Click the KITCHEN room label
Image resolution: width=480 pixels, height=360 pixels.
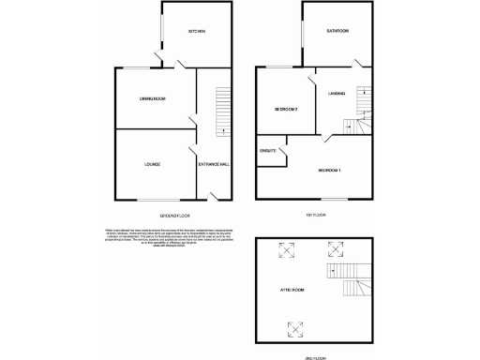[x=196, y=32]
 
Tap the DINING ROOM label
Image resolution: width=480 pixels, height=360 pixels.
[x=153, y=98]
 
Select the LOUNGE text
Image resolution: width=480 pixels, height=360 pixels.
[x=152, y=164]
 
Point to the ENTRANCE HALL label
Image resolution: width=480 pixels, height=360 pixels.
[x=214, y=164]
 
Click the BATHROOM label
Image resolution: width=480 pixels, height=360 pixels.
[x=337, y=31]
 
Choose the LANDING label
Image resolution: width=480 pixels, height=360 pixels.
[x=337, y=93]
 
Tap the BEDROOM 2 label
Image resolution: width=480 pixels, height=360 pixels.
[x=286, y=109]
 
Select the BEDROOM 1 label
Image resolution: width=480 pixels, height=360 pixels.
[x=329, y=170]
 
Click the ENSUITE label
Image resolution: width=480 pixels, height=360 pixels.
[x=268, y=150]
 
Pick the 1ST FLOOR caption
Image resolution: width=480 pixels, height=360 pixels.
[x=319, y=215]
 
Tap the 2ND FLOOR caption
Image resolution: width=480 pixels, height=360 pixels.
[x=319, y=356]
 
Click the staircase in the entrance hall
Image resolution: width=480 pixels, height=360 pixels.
[x=223, y=111]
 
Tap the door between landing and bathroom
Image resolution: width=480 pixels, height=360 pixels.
[x=356, y=65]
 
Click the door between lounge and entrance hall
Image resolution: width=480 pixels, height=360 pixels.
[x=192, y=151]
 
